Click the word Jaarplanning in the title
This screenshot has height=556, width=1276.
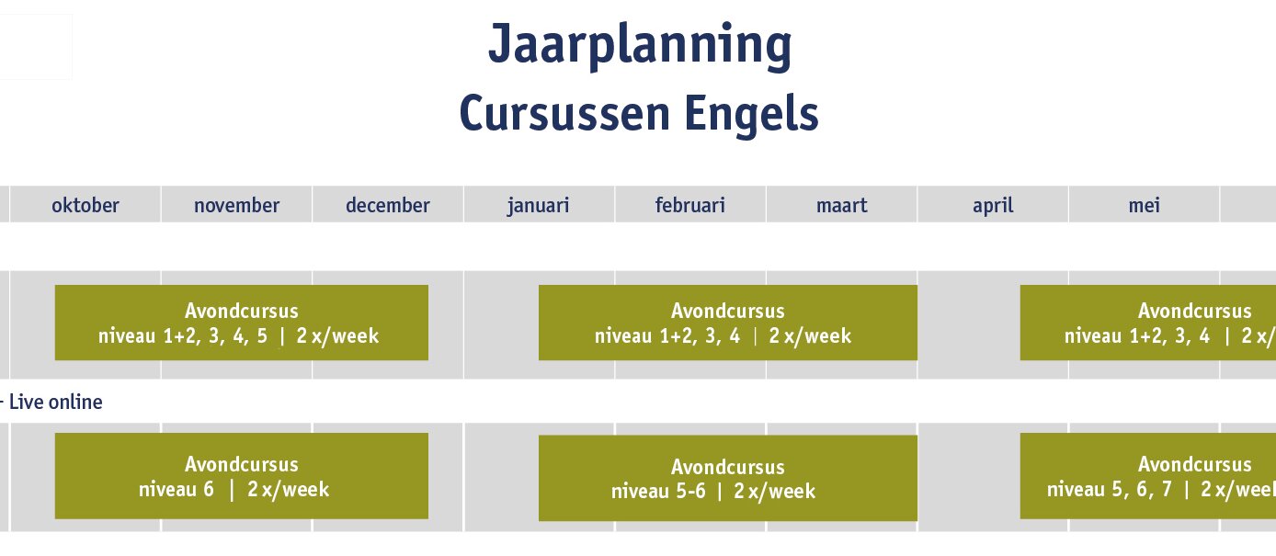coord(640,47)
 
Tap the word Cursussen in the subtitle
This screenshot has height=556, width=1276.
coord(564,113)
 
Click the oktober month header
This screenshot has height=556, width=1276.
coord(85,205)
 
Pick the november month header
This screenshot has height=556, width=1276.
coord(236,205)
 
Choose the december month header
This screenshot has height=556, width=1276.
coord(387,205)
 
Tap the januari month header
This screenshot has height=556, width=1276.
coord(539,206)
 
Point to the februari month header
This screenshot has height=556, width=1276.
coord(689,205)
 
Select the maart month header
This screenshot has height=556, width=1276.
coord(841,206)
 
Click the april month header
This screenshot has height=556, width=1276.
coord(993,206)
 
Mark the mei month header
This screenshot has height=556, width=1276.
coord(1144,205)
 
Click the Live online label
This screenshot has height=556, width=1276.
coord(56,403)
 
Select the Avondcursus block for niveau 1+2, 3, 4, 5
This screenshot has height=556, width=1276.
coord(242,323)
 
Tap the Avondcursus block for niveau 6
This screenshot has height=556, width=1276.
coord(242,476)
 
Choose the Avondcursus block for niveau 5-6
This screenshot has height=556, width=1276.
coord(728,478)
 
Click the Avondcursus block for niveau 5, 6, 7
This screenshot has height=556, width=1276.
coord(1148,476)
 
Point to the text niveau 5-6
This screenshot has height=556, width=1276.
coord(658,491)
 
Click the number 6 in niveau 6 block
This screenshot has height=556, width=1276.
coord(209,489)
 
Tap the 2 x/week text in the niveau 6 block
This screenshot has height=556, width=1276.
coord(289,489)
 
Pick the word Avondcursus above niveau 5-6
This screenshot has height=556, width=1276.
coord(728,467)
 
